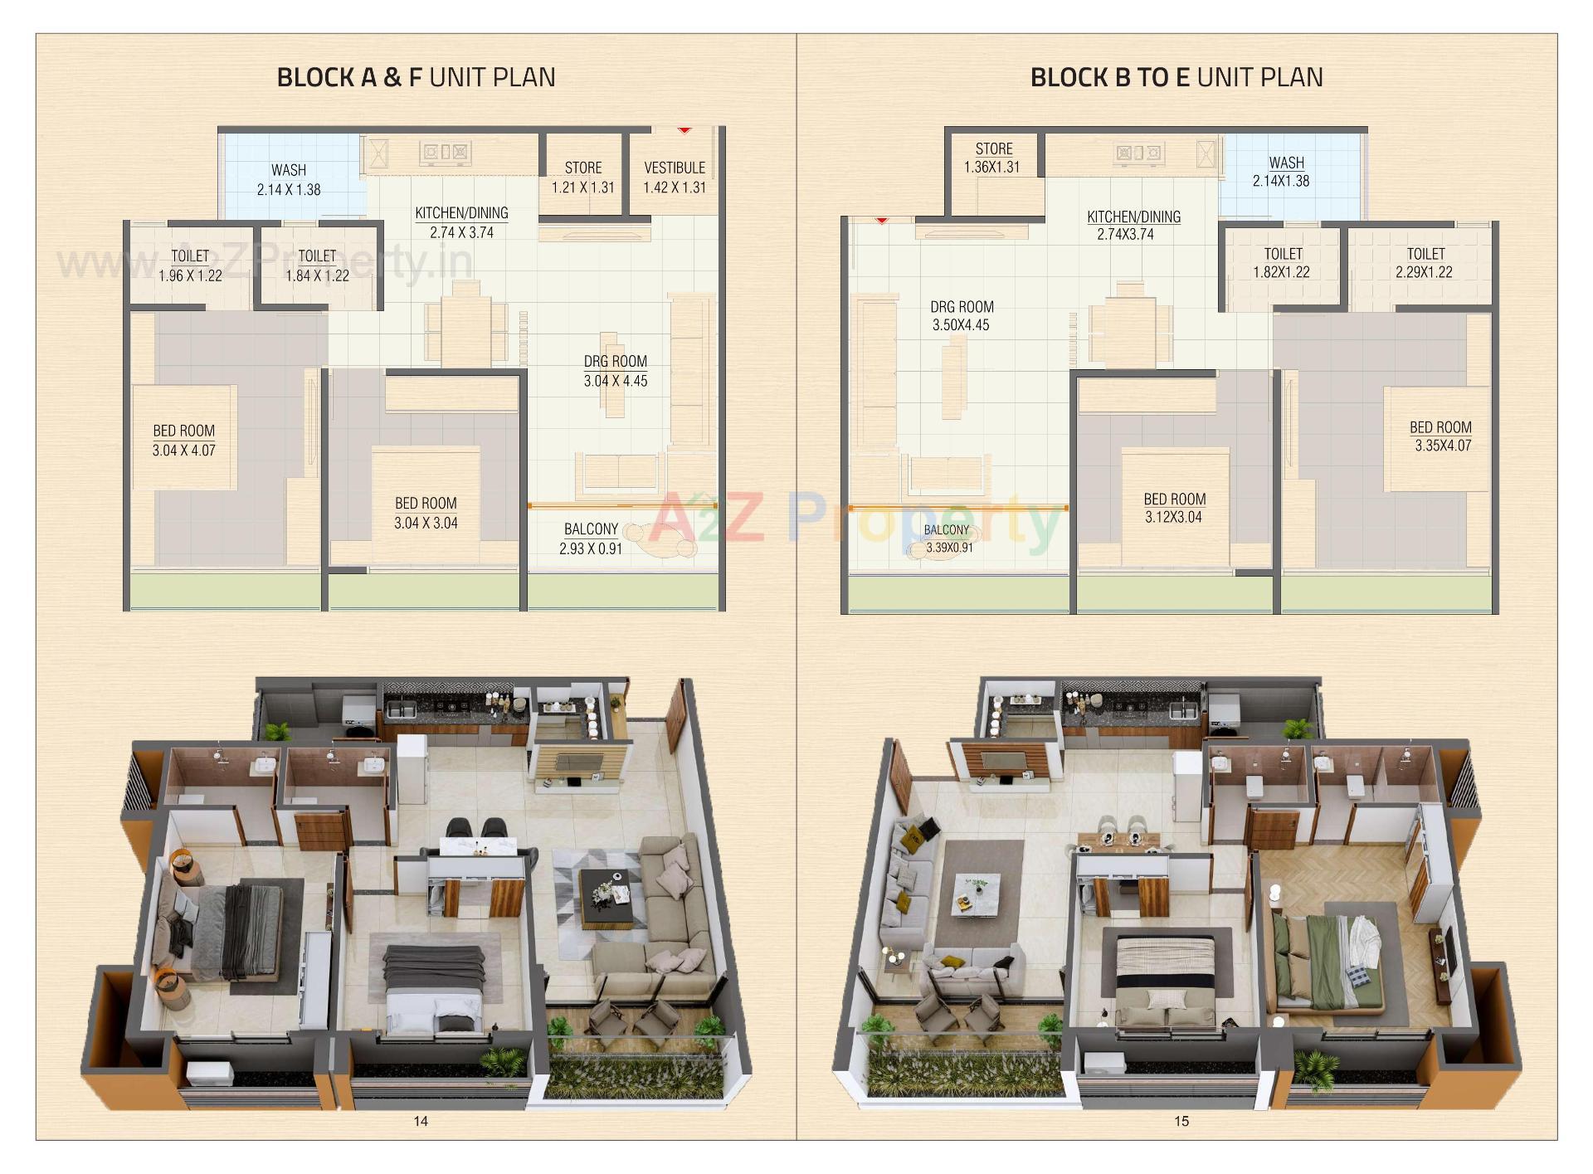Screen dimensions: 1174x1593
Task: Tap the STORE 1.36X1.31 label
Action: (x=992, y=158)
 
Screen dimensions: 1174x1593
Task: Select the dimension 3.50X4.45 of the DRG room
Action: (x=961, y=325)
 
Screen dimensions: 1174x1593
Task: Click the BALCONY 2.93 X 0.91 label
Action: (x=591, y=538)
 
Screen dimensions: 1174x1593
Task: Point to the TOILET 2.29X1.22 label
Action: (x=1425, y=262)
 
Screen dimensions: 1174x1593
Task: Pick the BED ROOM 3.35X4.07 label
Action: (x=1441, y=436)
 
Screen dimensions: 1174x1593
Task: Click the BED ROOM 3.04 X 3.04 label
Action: (x=426, y=513)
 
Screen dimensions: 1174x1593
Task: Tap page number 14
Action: (x=421, y=1122)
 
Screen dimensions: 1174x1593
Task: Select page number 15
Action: (x=1181, y=1122)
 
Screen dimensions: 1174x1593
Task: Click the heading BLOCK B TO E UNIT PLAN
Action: (x=1176, y=77)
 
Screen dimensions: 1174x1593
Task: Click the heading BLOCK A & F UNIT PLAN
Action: (x=416, y=77)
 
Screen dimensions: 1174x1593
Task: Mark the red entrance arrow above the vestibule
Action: (x=684, y=130)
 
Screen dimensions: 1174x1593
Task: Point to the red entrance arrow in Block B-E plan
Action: (x=881, y=221)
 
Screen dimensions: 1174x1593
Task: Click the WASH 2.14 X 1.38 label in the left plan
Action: (x=289, y=180)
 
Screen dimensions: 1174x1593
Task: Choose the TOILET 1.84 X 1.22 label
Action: (x=317, y=265)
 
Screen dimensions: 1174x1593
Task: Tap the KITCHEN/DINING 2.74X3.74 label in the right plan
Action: (x=1133, y=225)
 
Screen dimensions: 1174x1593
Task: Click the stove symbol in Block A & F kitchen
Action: (x=446, y=152)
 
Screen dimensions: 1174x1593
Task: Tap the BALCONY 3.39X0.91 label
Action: (x=948, y=538)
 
